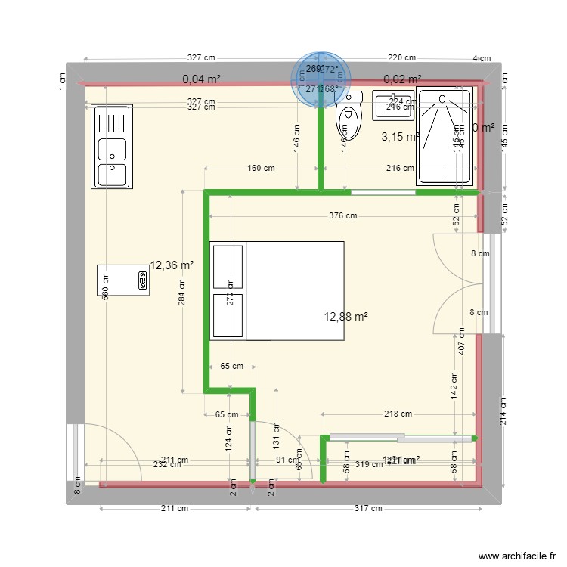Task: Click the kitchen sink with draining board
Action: (x=112, y=147)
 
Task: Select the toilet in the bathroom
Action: (x=349, y=121)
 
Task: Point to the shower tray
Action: (x=445, y=137)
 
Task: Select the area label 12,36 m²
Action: (x=172, y=265)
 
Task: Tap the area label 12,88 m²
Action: (x=346, y=317)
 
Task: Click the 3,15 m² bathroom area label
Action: (x=400, y=137)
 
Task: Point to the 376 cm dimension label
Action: (x=342, y=216)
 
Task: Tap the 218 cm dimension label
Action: (x=398, y=414)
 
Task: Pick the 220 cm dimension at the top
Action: (x=401, y=57)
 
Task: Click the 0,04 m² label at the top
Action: (x=201, y=79)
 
